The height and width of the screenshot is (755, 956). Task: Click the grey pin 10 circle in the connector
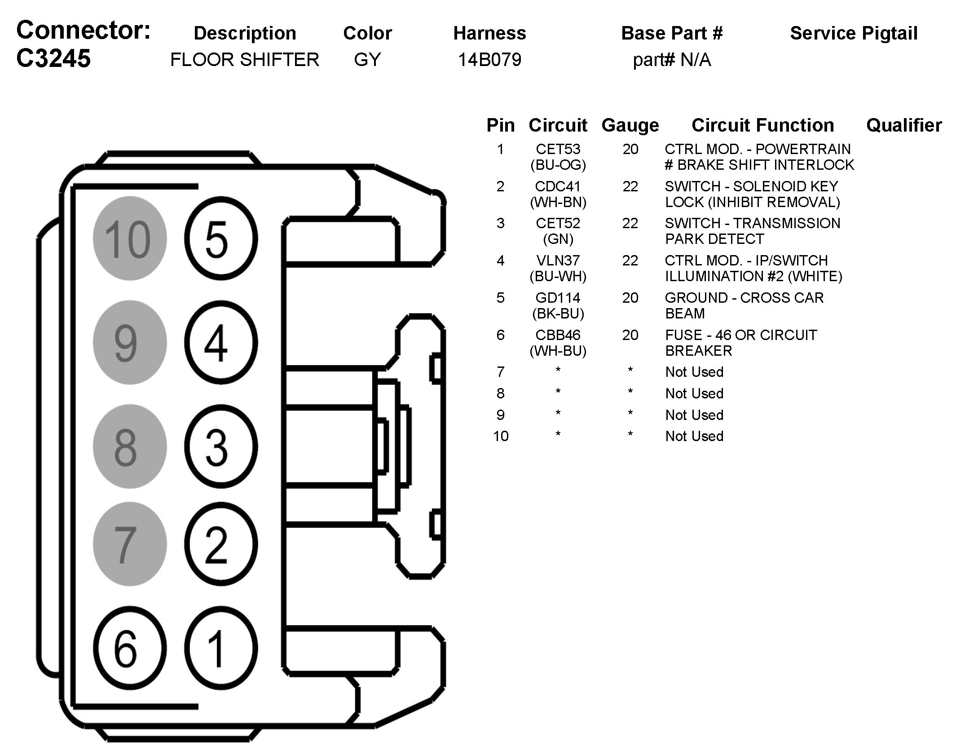[x=130, y=238]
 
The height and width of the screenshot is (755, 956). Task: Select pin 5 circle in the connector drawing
[x=221, y=238]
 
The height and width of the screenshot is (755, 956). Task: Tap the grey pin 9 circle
[x=130, y=342]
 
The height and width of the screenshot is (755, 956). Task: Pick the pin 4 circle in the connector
[x=221, y=342]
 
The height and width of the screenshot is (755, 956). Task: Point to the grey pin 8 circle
[x=130, y=446]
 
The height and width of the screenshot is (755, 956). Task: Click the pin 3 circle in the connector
[x=221, y=446]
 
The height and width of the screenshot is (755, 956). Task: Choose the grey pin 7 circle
[x=130, y=544]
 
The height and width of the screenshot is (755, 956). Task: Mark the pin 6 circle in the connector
[x=130, y=648]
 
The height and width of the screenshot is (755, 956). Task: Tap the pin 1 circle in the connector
[x=221, y=648]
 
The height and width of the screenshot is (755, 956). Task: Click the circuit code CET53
[x=558, y=149]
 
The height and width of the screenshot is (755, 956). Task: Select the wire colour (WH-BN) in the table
[x=558, y=203]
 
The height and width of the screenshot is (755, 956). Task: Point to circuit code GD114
[x=558, y=298]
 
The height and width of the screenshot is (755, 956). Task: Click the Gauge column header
[x=630, y=126]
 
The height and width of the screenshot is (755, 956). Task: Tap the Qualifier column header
[x=904, y=125]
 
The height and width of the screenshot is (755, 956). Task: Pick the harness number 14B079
[x=489, y=60]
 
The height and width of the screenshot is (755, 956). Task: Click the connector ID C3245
[x=53, y=58]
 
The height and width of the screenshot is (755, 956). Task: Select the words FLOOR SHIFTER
[x=245, y=60]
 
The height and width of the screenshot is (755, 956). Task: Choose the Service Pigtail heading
[x=854, y=33]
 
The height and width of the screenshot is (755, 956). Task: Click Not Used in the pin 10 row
[x=694, y=436]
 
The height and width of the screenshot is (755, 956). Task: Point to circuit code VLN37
[x=558, y=260]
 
